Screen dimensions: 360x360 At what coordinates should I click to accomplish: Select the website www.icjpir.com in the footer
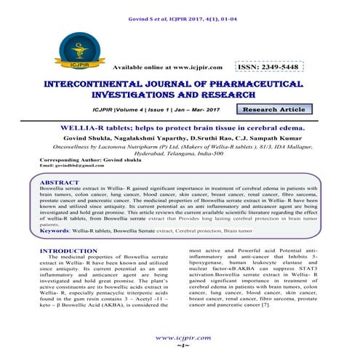[x=180, y=338]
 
